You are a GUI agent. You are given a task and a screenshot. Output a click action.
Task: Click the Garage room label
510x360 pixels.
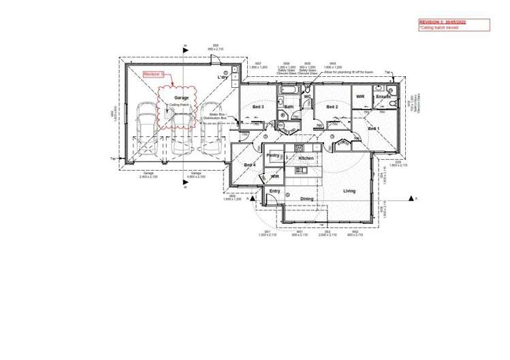181,98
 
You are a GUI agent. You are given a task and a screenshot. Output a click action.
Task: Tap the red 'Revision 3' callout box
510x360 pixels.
154,73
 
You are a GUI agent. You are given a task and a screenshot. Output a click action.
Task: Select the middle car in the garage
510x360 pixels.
181,132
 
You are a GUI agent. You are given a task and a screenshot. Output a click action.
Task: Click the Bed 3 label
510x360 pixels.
258,107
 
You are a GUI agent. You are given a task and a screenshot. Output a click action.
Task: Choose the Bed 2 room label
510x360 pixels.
332,107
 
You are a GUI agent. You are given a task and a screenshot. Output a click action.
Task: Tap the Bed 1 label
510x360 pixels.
374,128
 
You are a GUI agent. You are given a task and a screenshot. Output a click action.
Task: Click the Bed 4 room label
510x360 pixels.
249,165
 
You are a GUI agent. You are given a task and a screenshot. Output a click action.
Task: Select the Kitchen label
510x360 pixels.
306,158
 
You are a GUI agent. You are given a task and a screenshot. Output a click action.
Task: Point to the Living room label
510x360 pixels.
349,191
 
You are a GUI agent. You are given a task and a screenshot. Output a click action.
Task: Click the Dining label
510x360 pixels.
307,199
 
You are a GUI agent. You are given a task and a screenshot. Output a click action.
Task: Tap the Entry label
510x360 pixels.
274,191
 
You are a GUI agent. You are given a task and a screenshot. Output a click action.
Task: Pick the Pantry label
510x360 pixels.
272,155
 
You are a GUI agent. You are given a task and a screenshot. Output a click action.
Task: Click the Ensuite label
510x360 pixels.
383,97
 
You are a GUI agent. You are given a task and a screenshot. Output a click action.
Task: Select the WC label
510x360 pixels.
307,97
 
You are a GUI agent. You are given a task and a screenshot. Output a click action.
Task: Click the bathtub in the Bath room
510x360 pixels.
287,90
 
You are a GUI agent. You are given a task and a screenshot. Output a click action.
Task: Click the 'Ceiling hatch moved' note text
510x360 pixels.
439,28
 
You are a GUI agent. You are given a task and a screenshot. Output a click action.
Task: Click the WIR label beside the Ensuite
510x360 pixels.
361,97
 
